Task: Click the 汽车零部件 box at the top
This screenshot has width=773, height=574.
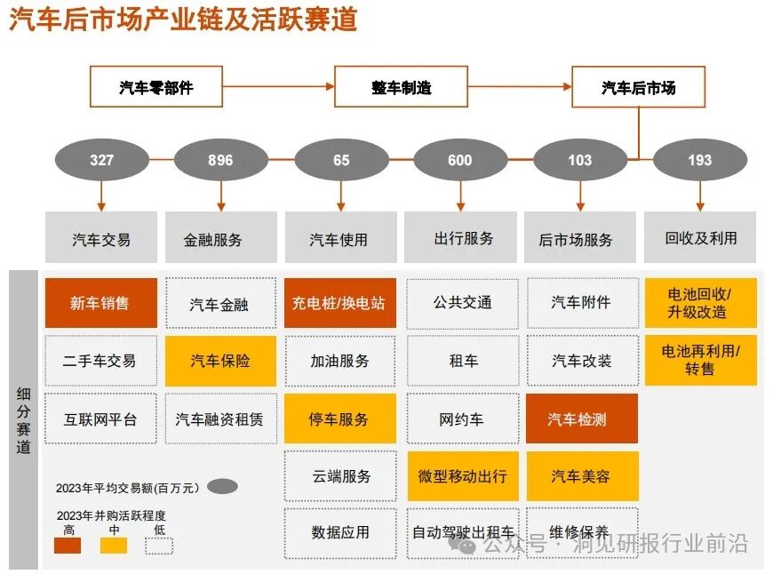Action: (155, 87)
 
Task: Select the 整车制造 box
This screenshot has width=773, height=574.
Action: (401, 87)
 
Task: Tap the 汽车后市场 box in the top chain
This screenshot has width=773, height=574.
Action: (638, 87)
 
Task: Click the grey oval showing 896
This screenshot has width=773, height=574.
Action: (220, 160)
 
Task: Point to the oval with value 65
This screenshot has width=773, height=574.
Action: (341, 160)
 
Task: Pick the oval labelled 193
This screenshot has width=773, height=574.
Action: (699, 160)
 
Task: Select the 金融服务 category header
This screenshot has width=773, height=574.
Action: (220, 238)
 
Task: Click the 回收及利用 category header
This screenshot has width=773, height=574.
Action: (700, 237)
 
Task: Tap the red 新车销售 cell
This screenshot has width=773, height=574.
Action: (100, 303)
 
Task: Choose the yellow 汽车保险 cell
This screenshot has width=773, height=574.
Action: (220, 361)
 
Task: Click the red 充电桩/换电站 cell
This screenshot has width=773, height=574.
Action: (339, 303)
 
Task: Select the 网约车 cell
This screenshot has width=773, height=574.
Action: (462, 419)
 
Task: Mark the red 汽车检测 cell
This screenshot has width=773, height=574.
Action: (581, 419)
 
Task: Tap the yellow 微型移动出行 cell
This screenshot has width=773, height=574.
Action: (462, 475)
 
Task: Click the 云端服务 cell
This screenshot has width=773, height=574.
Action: (340, 475)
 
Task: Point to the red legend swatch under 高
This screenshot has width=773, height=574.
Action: (67, 545)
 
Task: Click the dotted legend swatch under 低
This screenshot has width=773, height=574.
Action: (159, 545)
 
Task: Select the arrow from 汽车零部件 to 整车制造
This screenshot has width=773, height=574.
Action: (277, 87)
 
